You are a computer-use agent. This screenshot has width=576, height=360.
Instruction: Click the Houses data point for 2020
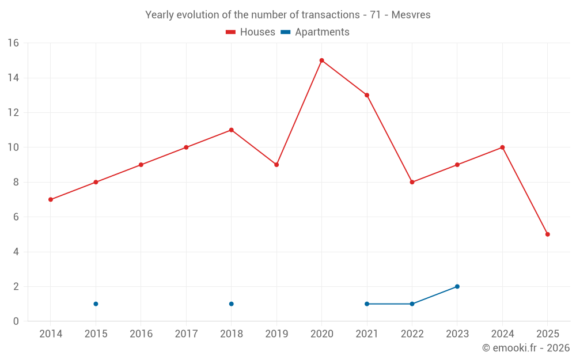click(321, 60)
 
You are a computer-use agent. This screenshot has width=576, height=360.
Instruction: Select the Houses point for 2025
click(547, 234)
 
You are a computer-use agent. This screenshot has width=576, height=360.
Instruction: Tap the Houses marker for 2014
click(51, 199)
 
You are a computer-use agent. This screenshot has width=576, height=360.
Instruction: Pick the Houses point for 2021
click(367, 95)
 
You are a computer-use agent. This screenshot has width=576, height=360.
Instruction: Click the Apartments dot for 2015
click(96, 304)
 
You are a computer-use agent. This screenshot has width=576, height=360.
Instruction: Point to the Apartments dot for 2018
click(231, 304)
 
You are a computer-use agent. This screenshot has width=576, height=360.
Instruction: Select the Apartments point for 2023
click(457, 286)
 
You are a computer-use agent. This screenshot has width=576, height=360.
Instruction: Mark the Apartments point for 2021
click(367, 304)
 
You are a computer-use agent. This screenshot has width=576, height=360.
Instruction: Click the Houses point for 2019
click(276, 165)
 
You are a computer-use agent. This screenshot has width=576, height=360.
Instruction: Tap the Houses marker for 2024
click(502, 147)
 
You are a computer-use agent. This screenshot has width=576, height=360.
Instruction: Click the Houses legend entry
click(251, 32)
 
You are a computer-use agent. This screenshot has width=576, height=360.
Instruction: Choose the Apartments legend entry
click(315, 32)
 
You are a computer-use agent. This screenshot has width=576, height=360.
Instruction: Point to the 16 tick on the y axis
click(13, 43)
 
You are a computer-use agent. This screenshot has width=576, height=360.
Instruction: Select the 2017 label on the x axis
click(186, 334)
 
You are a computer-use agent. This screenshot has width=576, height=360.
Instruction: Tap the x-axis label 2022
click(412, 334)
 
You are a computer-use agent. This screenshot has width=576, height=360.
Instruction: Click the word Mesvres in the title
click(411, 15)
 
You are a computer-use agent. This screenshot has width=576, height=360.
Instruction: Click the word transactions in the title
click(331, 15)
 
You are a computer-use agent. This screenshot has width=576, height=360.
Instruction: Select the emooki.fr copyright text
click(526, 348)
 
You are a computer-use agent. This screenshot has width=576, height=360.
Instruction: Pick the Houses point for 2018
click(231, 130)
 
